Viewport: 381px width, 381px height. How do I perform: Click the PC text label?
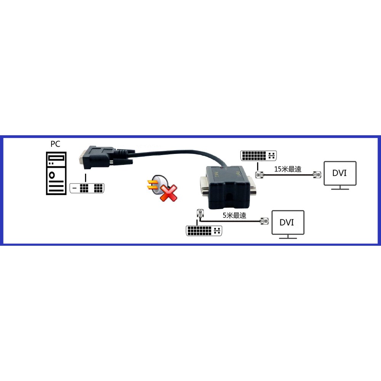pos(55,144)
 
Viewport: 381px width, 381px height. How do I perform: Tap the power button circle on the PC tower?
pos(51,175)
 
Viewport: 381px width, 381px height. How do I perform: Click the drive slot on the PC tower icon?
pos(56,158)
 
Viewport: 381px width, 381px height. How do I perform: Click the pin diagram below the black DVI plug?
pos(87,188)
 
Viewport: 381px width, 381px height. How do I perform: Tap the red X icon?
pos(169,193)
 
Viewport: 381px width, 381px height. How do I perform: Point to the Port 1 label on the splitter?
pos(238,174)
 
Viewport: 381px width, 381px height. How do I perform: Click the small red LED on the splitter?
pos(221,167)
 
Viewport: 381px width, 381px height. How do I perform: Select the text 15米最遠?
pos(288,169)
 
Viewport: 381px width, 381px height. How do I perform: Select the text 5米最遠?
pos(234,215)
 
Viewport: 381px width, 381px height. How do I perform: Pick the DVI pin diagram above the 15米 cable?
pos(259,156)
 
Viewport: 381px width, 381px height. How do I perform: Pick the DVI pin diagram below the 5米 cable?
pos(204,231)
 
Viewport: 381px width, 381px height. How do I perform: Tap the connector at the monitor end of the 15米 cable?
pos(317,174)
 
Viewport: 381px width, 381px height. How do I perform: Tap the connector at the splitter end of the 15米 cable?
pos(259,174)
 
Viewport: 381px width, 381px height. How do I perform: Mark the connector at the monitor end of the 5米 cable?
pos(265,221)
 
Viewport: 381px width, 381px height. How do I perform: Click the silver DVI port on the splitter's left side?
pos(204,186)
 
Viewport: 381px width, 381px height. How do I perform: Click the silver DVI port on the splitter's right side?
pos(253,186)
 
